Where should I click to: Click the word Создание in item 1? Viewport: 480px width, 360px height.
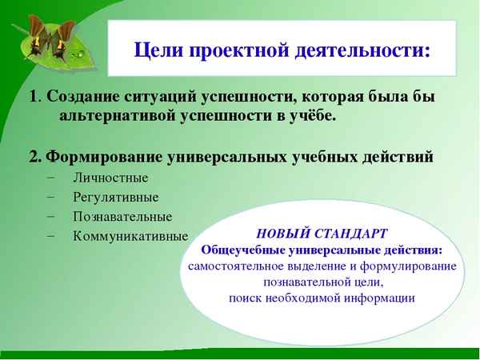coord(80,98)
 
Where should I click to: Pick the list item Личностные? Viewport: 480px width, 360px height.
coord(110,178)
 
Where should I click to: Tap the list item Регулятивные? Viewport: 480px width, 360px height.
coord(115,197)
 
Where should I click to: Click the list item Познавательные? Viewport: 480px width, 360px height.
coord(122,216)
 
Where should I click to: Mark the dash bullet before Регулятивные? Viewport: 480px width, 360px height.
coord(52,197)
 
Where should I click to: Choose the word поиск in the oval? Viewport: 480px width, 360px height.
coord(245,298)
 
